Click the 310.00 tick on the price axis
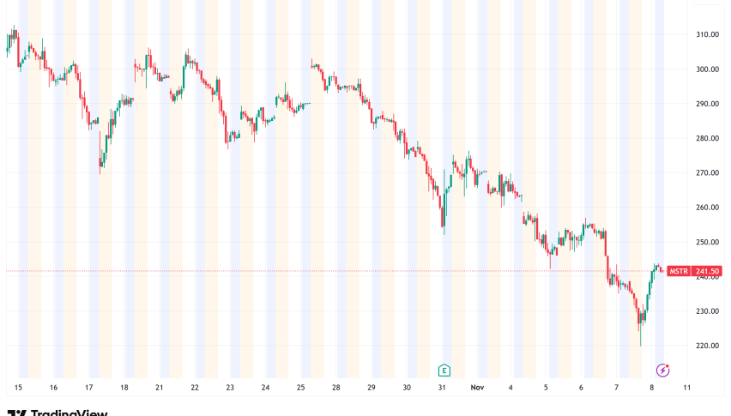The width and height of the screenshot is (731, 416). pyautogui.click(x=707, y=34)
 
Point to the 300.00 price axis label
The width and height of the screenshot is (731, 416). pyautogui.click(x=707, y=69)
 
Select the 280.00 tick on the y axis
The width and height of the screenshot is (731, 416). pyautogui.click(x=707, y=138)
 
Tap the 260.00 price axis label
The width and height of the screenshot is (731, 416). pyautogui.click(x=707, y=208)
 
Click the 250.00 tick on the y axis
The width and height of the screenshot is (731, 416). pyautogui.click(x=707, y=242)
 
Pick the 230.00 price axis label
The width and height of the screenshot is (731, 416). pyautogui.click(x=707, y=311)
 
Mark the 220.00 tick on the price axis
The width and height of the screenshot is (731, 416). pyautogui.click(x=707, y=346)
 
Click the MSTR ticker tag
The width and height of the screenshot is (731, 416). pyautogui.click(x=679, y=271)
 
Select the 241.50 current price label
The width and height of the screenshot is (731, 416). pyautogui.click(x=707, y=271)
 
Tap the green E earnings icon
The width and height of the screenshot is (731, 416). pyautogui.click(x=444, y=371)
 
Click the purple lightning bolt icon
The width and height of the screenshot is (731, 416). pyautogui.click(x=662, y=371)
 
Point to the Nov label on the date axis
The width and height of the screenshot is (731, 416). pyautogui.click(x=478, y=388)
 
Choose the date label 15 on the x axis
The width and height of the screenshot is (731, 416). pyautogui.click(x=18, y=388)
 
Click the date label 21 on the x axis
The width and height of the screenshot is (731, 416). pyautogui.click(x=160, y=388)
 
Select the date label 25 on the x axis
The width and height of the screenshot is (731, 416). pyautogui.click(x=301, y=388)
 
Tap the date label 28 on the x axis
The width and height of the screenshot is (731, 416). pyautogui.click(x=336, y=388)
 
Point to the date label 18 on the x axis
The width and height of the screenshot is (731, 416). pyautogui.click(x=124, y=388)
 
